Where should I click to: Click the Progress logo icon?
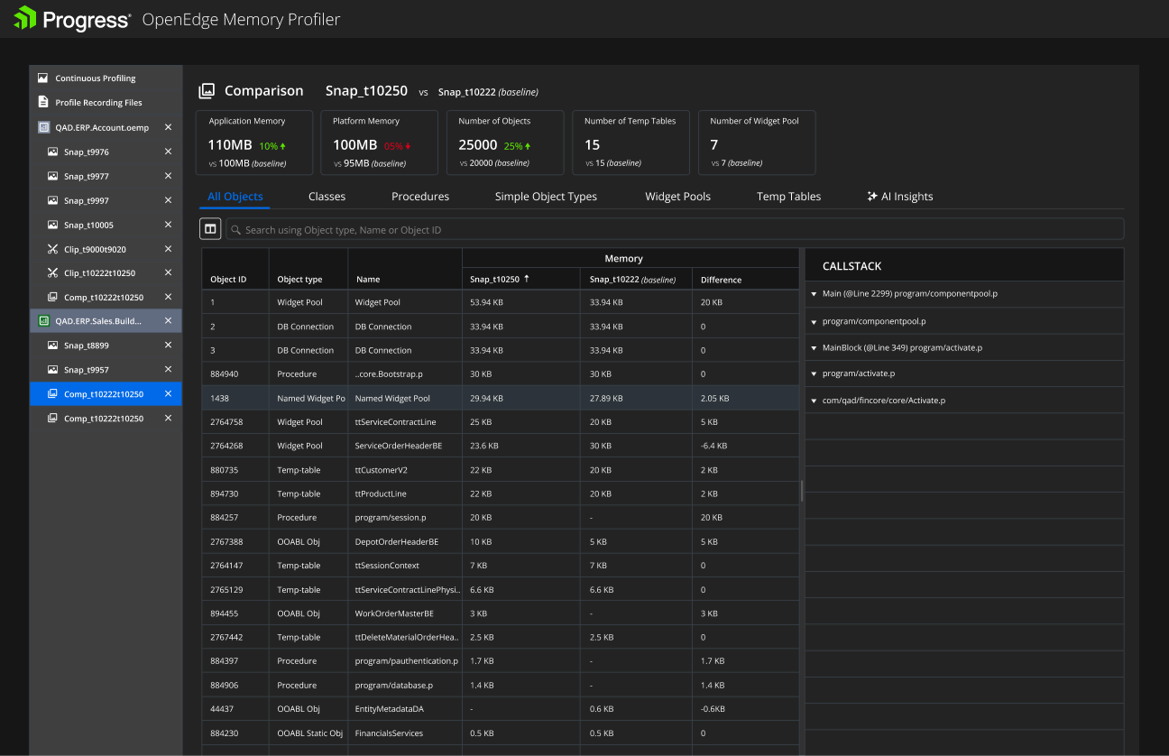click(25, 18)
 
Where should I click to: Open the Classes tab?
click(327, 197)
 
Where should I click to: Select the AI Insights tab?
click(900, 197)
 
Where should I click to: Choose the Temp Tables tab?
click(788, 197)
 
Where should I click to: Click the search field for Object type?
click(675, 230)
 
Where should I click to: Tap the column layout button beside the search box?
click(210, 228)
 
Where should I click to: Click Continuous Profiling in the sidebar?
click(95, 78)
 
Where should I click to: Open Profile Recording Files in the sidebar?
click(98, 102)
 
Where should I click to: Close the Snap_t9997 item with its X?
click(168, 200)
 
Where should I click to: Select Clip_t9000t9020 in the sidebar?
click(95, 249)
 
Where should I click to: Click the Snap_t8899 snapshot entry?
click(86, 346)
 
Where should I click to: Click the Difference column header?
click(721, 280)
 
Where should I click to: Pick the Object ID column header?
click(228, 280)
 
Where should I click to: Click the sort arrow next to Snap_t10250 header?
click(527, 279)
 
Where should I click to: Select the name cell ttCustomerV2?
click(381, 470)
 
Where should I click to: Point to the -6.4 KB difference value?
click(713, 446)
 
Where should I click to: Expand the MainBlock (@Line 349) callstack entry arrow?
click(814, 347)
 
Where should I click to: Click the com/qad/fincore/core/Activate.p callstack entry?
click(884, 401)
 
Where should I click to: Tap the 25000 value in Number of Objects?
click(477, 144)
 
